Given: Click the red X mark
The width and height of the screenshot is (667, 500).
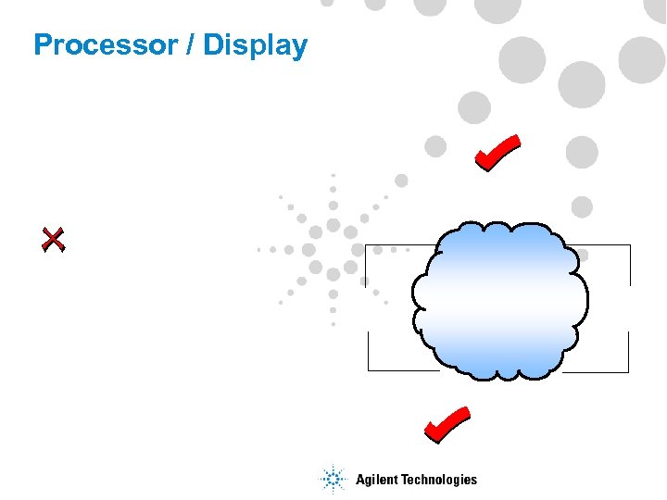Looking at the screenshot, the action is point(54,240).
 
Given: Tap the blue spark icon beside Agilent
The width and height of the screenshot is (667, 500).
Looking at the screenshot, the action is point(333,479).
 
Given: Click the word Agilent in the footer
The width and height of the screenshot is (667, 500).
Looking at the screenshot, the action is point(377,480).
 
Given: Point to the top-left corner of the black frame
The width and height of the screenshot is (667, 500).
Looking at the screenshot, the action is point(367,245).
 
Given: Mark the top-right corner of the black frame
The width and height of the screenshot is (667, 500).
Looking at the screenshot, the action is point(630,245).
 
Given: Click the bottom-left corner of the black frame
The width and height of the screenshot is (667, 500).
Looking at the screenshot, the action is point(369,370).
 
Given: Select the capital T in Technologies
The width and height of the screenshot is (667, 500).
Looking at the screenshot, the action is point(404,479).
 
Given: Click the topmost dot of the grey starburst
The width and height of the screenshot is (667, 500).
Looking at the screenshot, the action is point(333,175).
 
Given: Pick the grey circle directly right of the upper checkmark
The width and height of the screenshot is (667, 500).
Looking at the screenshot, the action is point(582,150).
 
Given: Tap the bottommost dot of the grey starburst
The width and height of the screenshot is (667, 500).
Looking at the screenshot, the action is point(333,323).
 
